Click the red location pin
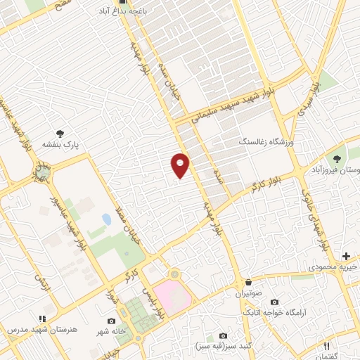[180, 165]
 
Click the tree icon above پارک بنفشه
[60, 132]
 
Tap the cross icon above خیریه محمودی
[345, 255]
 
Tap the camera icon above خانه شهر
[112, 321]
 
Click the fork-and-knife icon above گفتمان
[326, 346]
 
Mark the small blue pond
[107, 219]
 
